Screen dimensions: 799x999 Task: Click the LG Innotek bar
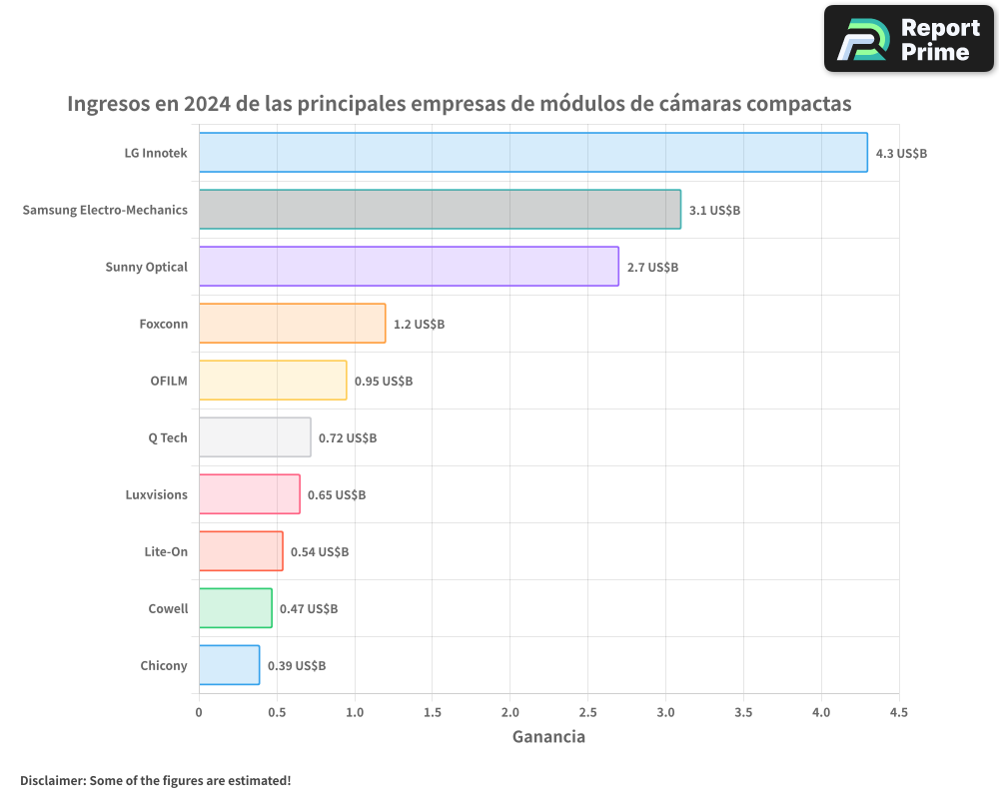[532, 153]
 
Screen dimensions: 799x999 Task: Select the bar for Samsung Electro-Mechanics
[440, 210]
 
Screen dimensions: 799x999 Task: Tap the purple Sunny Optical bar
[409, 267]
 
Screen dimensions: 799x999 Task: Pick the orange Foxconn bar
[292, 324]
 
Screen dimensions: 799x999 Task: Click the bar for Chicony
[229, 665]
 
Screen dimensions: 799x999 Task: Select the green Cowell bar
[235, 608]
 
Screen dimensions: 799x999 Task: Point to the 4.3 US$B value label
[901, 154]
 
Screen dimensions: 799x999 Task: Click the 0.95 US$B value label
[384, 382]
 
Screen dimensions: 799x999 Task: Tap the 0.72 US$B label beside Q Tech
[348, 438]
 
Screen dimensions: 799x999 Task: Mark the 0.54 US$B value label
[320, 552]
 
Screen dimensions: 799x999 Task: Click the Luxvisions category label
[156, 495]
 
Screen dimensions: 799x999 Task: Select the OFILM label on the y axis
[168, 382]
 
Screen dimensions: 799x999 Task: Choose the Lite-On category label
[166, 552]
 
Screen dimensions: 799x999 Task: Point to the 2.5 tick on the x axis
[587, 713]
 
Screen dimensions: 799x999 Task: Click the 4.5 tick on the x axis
[899, 713]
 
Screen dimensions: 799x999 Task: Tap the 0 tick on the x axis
[199, 713]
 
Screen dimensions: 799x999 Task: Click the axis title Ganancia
[548, 738]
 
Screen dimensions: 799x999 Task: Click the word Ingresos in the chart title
[108, 104]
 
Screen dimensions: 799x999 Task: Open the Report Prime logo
[908, 39]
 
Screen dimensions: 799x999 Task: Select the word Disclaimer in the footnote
[51, 781]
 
